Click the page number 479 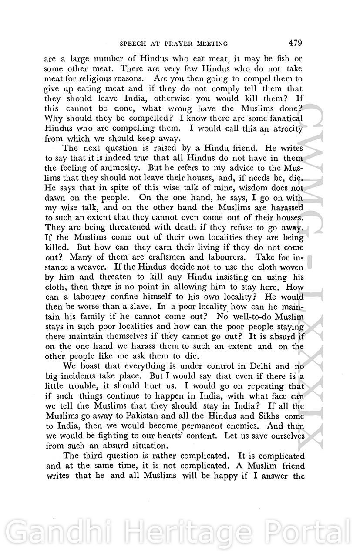tap(295, 43)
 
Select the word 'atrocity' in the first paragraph tap(287, 129)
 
